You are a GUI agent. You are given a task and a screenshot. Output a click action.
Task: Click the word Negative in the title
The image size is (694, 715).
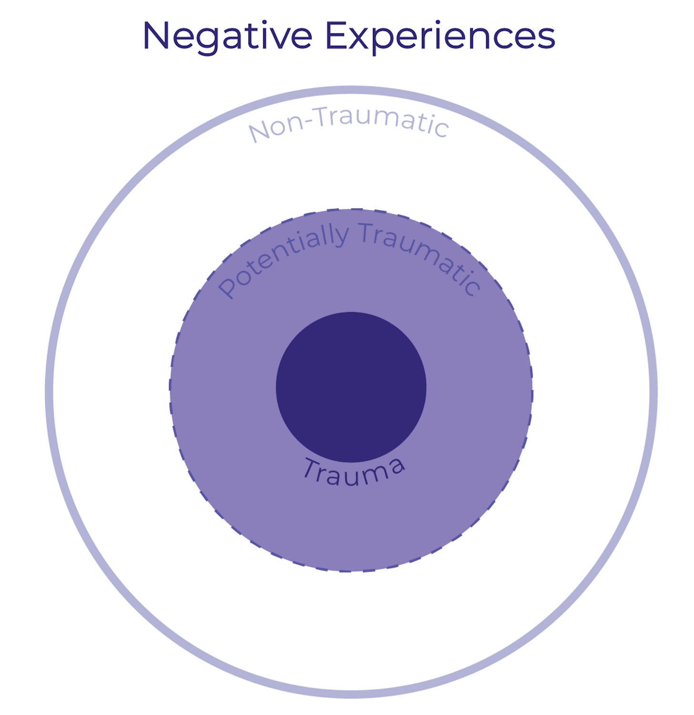pyautogui.click(x=227, y=36)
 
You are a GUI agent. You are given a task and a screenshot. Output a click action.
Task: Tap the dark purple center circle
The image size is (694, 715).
pyautogui.click(x=351, y=387)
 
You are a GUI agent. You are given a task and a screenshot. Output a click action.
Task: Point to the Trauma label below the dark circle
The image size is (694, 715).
pyautogui.click(x=354, y=471)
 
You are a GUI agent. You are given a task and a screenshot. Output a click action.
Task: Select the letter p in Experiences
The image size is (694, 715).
pyautogui.click(x=385, y=40)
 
